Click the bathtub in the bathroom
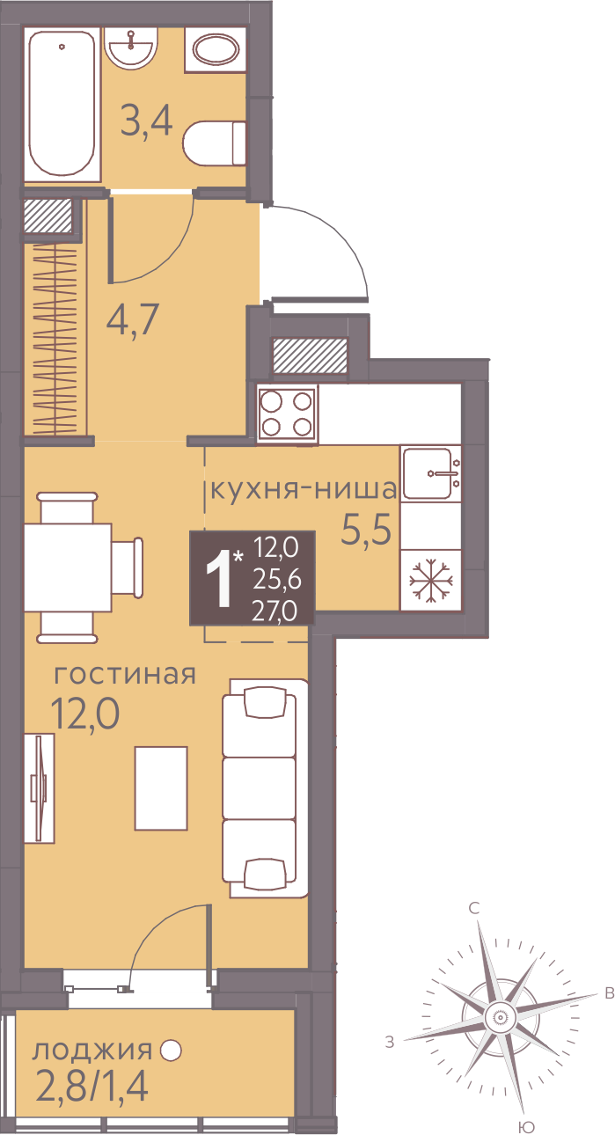(62, 104)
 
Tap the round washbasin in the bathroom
(131, 48)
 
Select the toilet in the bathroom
(215, 143)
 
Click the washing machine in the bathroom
(216, 49)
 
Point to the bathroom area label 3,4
(146, 121)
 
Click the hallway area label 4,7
(133, 319)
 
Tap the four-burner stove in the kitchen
(287, 413)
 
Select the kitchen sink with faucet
(430, 473)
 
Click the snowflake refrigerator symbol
(430, 580)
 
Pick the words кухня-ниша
(303, 490)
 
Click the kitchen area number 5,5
(367, 529)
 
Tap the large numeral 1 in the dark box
(219, 579)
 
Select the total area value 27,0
(275, 612)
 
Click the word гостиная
(125, 675)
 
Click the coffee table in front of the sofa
(161, 788)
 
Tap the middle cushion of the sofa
(259, 788)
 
